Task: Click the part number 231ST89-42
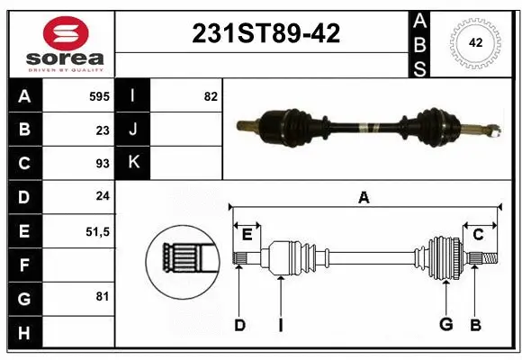266,34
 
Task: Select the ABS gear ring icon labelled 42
473,42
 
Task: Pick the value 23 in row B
102,130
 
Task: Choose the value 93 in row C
102,164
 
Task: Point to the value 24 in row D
102,197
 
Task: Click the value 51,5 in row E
97,231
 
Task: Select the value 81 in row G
102,297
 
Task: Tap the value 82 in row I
210,96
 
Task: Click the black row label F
23,265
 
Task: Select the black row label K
133,163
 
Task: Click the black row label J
133,130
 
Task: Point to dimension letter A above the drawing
364,197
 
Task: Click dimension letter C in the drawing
478,235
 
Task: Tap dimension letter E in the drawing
247,235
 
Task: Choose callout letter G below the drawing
445,325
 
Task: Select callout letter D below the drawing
239,325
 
